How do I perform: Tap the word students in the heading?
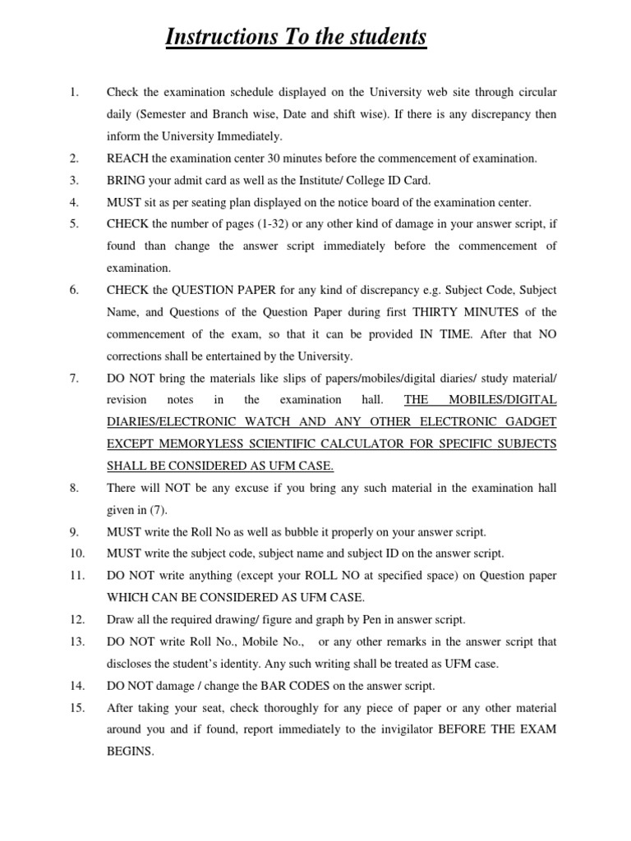(x=385, y=37)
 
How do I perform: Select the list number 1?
(x=74, y=93)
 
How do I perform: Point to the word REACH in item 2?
(x=127, y=158)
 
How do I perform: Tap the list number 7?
(x=74, y=378)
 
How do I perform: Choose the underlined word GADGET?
(x=531, y=421)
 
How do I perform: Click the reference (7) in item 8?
(x=158, y=509)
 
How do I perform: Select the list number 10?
(x=76, y=554)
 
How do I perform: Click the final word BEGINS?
(x=130, y=751)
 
